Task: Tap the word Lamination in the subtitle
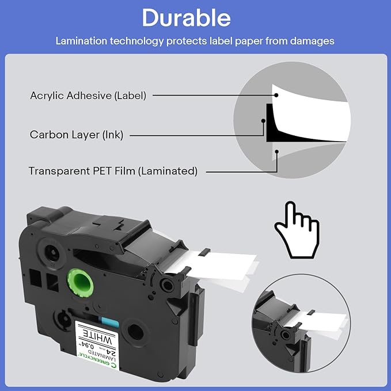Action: point(79,41)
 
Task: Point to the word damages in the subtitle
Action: point(314,41)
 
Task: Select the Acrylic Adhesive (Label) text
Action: point(88,96)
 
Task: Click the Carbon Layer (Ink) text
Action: point(76,135)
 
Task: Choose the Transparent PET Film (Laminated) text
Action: point(113,171)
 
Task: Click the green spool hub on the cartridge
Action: point(78,283)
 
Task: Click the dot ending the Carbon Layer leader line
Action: point(263,122)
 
